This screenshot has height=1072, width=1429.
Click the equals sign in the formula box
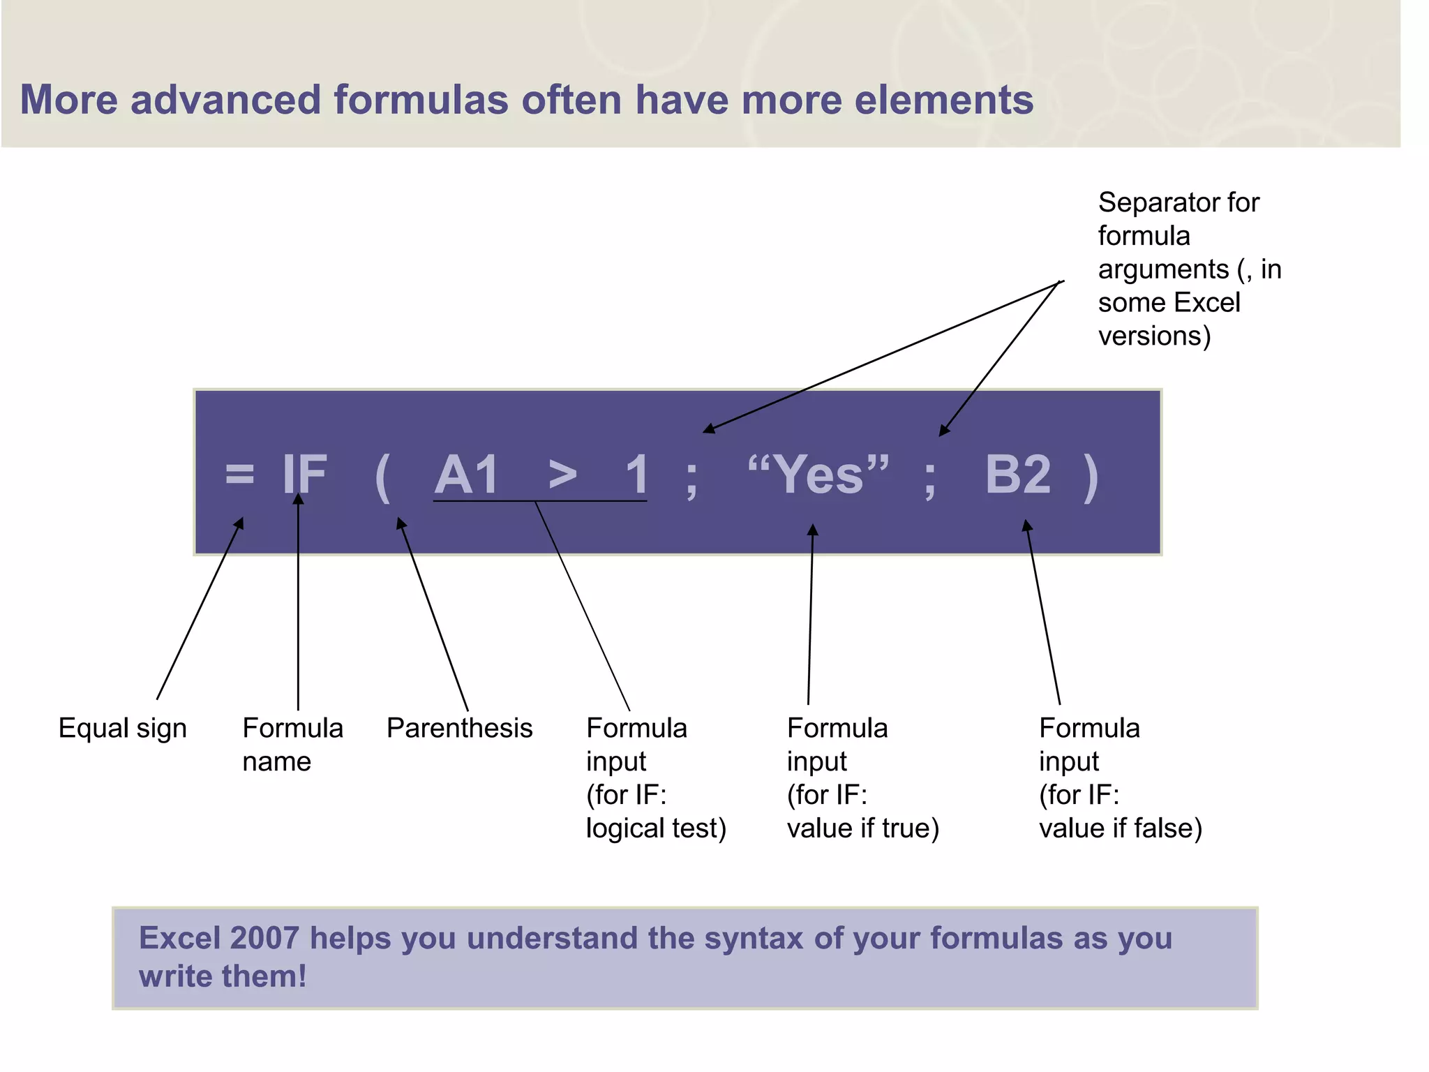(x=239, y=474)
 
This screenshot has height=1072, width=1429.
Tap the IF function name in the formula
(x=305, y=475)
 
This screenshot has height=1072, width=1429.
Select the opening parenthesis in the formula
(x=382, y=476)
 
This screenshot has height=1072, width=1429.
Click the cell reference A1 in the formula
(x=467, y=475)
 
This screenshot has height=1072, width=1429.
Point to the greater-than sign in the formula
(x=562, y=475)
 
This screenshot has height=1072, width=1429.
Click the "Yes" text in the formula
(x=818, y=473)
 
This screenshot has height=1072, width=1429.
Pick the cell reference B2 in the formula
(x=1018, y=475)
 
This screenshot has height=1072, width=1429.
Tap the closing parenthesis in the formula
(x=1091, y=477)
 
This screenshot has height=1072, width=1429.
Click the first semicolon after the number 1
(x=691, y=479)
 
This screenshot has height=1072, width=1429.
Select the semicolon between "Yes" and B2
(x=929, y=479)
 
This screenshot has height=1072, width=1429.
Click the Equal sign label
(x=122, y=728)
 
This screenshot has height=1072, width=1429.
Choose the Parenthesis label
(x=459, y=728)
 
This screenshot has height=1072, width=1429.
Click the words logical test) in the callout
(x=656, y=828)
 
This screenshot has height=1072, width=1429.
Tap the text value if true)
(x=863, y=828)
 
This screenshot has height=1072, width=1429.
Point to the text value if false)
(x=1121, y=828)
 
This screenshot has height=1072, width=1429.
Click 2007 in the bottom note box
(x=264, y=938)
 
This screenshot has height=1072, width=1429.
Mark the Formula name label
(x=292, y=744)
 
